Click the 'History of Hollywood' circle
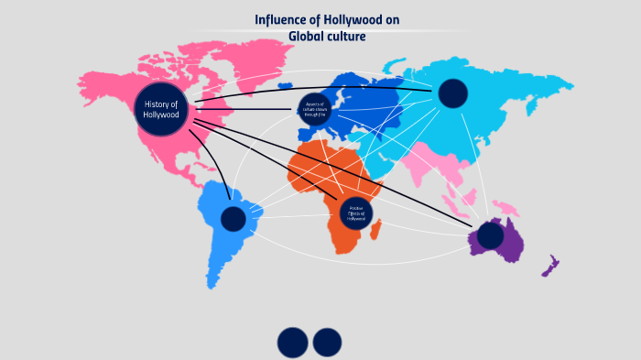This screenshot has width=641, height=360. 165,109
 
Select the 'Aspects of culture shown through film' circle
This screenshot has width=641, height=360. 315,108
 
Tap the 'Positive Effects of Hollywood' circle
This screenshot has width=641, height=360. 357,214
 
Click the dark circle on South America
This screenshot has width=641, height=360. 234,219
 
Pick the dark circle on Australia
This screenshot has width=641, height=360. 490,236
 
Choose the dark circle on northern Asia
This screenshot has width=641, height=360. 452,93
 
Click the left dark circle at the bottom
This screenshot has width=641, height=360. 292,343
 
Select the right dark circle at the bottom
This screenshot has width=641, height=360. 327,343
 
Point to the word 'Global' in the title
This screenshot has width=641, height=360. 308,37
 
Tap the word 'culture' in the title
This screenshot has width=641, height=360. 347,37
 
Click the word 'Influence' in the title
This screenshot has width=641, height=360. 280,20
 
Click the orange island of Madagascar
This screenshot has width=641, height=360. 376,236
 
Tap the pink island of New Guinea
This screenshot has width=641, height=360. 505,208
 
